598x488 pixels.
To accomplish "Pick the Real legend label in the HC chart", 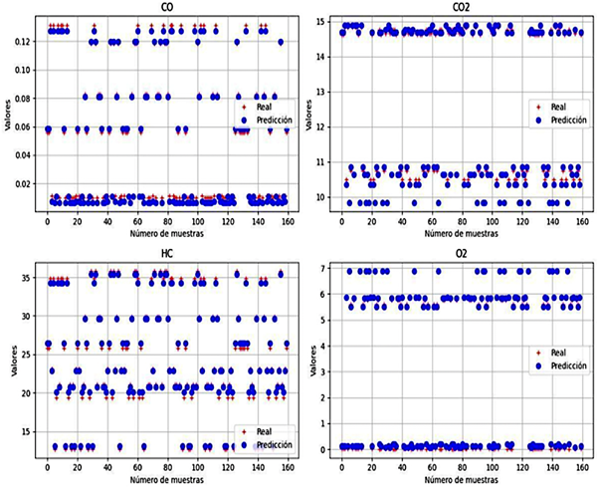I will point(263,431).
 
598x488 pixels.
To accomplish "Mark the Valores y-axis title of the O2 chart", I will point(309,357).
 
